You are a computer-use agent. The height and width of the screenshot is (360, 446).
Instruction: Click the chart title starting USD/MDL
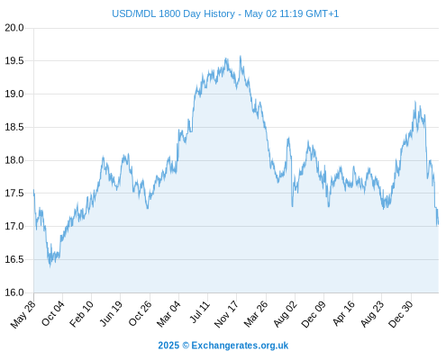click(x=225, y=13)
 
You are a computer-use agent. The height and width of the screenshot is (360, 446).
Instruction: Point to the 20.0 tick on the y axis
click(x=14, y=28)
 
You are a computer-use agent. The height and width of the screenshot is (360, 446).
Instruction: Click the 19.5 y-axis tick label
click(x=14, y=61)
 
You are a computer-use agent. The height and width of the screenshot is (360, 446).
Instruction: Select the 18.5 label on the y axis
click(x=14, y=127)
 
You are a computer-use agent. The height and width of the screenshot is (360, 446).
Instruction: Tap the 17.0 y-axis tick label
click(x=14, y=226)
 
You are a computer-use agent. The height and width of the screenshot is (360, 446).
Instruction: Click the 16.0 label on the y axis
click(x=14, y=292)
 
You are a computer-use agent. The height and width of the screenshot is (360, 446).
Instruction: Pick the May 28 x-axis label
click(x=23, y=314)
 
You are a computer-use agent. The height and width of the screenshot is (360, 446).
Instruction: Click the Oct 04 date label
click(x=53, y=313)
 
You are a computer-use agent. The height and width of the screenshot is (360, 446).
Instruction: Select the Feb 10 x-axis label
click(x=81, y=314)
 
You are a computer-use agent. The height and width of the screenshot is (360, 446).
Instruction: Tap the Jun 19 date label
click(x=111, y=313)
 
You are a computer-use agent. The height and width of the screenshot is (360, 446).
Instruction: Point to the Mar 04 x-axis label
click(x=168, y=314)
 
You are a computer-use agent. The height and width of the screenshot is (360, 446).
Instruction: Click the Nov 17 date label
click(x=226, y=314)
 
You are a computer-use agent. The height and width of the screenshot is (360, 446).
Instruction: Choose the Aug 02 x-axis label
click(x=286, y=314)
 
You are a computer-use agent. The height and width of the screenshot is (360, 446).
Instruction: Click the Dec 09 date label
click(x=314, y=314)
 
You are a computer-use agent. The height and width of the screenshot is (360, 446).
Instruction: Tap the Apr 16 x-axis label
click(x=343, y=313)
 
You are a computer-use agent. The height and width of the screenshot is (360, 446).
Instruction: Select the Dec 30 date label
click(x=401, y=314)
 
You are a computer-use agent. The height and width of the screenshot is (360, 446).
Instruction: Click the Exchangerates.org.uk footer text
click(x=240, y=346)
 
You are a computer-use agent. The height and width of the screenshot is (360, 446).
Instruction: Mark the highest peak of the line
click(x=241, y=56)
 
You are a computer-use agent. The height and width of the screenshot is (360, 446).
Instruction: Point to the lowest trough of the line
click(x=50, y=266)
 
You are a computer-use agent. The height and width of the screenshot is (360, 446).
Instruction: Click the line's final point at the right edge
click(x=439, y=223)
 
